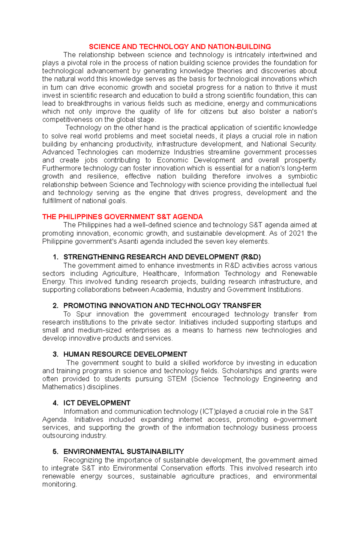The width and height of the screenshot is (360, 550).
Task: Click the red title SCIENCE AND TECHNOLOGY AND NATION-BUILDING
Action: click(x=180, y=47)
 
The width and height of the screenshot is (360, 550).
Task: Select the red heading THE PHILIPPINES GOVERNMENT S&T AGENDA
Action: click(x=122, y=217)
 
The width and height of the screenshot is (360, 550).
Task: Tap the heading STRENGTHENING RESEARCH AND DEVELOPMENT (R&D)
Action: click(x=162, y=257)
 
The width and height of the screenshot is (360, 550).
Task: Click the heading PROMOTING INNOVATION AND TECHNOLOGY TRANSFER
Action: click(x=162, y=306)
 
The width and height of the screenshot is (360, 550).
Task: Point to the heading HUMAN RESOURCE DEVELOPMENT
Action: click(x=125, y=354)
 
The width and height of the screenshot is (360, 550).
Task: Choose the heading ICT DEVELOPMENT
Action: click(x=97, y=403)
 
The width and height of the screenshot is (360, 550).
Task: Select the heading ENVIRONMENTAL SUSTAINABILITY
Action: click(x=124, y=452)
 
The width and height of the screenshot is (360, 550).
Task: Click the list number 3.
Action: click(x=55, y=354)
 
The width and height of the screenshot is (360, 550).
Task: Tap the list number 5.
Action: click(x=55, y=452)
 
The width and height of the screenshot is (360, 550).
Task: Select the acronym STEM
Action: click(x=177, y=379)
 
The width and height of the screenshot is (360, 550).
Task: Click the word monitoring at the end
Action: click(x=59, y=485)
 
